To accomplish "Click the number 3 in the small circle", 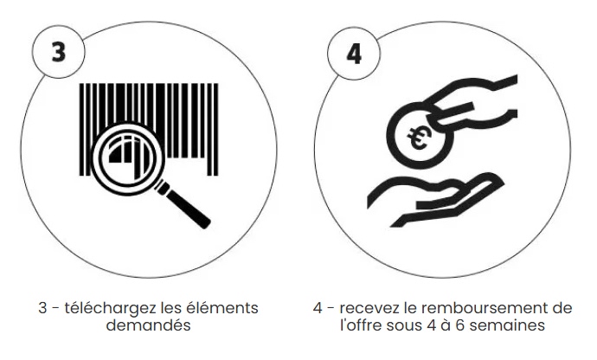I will click(x=58, y=51).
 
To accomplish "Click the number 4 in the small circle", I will click(x=354, y=54).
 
